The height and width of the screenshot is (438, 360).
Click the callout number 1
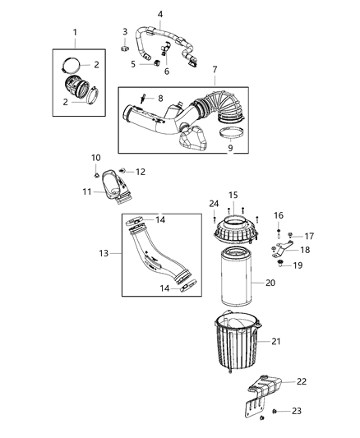pos(75,32)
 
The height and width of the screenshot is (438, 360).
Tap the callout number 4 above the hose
pos(159,14)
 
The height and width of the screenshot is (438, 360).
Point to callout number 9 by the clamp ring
pos(229,148)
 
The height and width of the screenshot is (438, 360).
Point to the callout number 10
pos(96,157)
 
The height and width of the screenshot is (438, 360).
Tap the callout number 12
pos(140,171)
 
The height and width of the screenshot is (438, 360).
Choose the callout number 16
pos(278,215)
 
